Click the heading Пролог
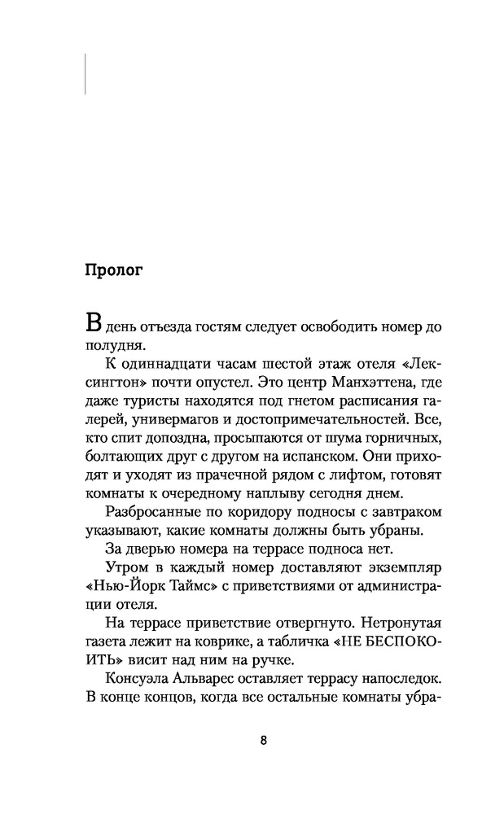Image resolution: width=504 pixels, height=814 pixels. (x=114, y=270)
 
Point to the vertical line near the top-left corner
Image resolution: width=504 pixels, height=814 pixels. (x=85, y=73)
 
